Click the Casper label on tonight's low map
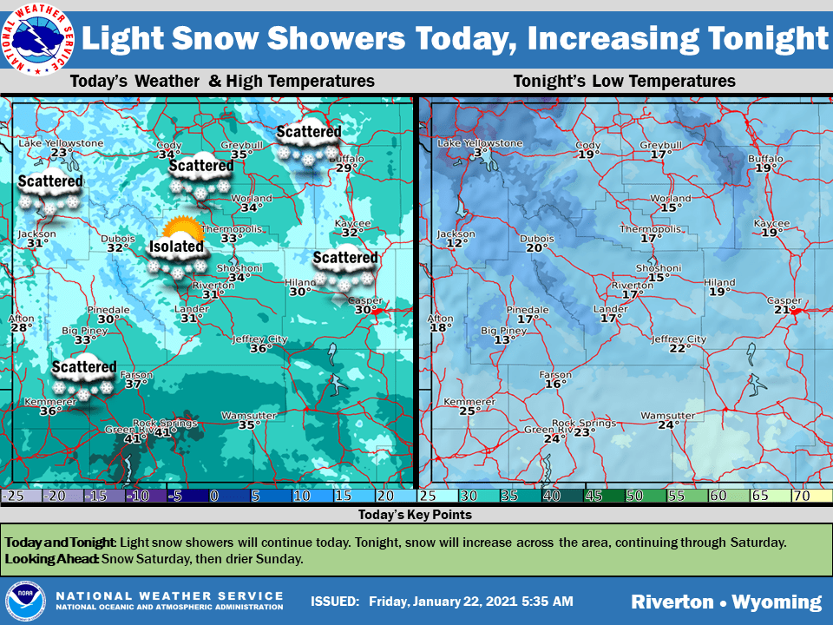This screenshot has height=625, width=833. tap(784, 300)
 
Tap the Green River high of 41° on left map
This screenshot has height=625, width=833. tap(133, 439)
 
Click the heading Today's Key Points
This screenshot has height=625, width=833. tap(416, 515)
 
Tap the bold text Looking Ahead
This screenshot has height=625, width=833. tap(52, 559)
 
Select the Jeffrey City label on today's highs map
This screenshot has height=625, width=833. tap(259, 339)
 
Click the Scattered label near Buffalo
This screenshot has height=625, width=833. tap(308, 132)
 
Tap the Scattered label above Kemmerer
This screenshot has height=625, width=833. tap(83, 367)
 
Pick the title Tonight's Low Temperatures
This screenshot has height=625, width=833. tap(624, 82)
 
